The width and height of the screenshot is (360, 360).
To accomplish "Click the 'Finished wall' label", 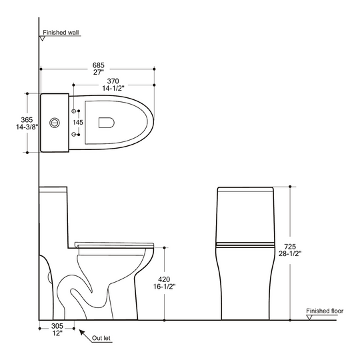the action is tap(61, 33).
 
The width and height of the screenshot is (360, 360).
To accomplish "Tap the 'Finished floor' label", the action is tap(325, 311).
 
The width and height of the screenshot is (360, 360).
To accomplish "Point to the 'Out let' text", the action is tap(101, 338).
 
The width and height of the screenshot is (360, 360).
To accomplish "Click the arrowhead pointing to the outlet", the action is tap(82, 332).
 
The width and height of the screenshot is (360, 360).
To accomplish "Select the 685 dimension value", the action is tap(98, 65).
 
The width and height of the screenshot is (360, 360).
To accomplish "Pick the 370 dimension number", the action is tap(113, 81).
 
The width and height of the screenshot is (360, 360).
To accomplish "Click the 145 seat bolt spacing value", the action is tap(78, 123).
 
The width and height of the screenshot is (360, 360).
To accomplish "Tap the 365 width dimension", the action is tap(27, 119).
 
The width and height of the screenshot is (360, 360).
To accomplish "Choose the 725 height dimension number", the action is tap(290, 247).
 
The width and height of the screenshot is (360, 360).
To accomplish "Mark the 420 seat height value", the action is tap(164, 279).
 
